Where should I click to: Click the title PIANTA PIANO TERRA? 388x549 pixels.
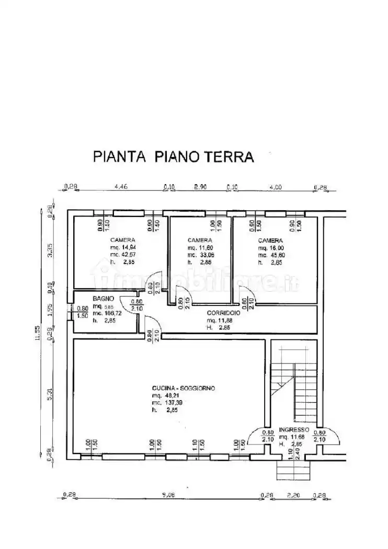173,157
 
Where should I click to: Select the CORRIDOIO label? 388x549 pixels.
223,312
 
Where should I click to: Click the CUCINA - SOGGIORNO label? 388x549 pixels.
183,388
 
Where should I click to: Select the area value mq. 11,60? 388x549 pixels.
201,247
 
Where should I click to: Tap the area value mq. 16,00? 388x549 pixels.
270,248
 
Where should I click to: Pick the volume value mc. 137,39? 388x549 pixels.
165,403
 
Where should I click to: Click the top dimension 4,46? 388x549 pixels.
121,186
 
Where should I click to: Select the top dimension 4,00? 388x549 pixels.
275,186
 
